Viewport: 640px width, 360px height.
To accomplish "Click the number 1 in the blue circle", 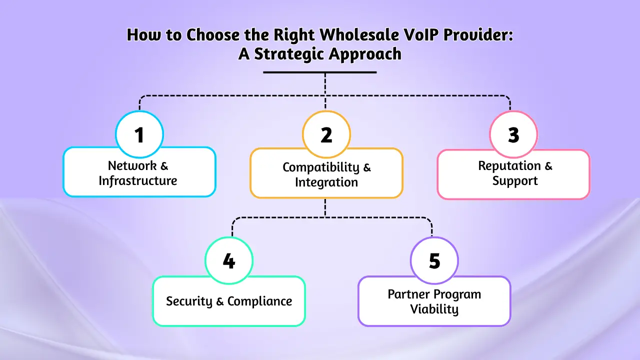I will coord(139,135).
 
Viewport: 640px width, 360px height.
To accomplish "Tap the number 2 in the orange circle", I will coord(326,135).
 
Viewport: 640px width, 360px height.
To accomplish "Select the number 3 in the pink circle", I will coord(513,135).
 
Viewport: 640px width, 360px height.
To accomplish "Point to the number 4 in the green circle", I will coord(229,261).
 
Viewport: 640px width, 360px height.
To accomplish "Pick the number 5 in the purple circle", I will coord(434,261).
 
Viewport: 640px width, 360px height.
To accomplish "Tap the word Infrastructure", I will coord(138,180).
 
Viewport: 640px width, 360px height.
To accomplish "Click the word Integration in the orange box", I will coord(326,182).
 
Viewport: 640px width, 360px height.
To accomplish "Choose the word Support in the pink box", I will coord(515,180).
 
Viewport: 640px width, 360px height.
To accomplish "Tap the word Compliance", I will coord(260,301).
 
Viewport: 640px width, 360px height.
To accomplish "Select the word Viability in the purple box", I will coord(434,309).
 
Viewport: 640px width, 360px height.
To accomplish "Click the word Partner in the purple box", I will coord(408,294).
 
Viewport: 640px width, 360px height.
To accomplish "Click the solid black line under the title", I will coord(320,72).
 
